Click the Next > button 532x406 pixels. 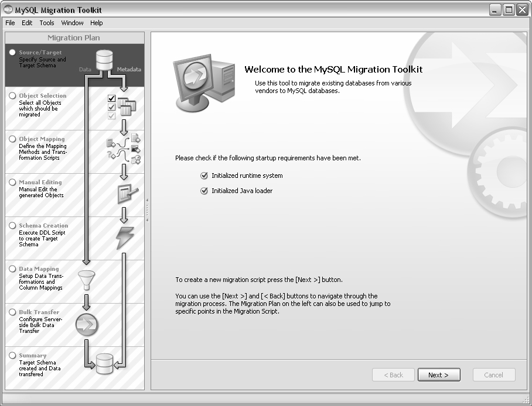point(439,375)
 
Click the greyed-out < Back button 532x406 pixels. point(393,375)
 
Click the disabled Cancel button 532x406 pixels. point(494,375)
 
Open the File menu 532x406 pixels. point(10,23)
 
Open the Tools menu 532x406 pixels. point(47,23)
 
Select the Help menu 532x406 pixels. point(96,23)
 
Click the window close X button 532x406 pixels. point(523,10)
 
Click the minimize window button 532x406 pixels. point(495,10)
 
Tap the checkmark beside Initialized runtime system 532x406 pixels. point(204,176)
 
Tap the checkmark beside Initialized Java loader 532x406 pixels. point(204,191)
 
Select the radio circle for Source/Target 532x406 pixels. point(12,52)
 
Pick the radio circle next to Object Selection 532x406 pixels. point(12,95)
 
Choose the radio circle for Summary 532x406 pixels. point(12,355)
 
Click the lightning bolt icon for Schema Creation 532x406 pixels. point(125,238)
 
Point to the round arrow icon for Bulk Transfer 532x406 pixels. point(87,325)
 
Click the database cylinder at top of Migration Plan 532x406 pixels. point(104,60)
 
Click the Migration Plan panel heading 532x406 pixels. point(74,37)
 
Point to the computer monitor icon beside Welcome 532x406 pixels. point(204,83)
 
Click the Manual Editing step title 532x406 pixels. point(40,183)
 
